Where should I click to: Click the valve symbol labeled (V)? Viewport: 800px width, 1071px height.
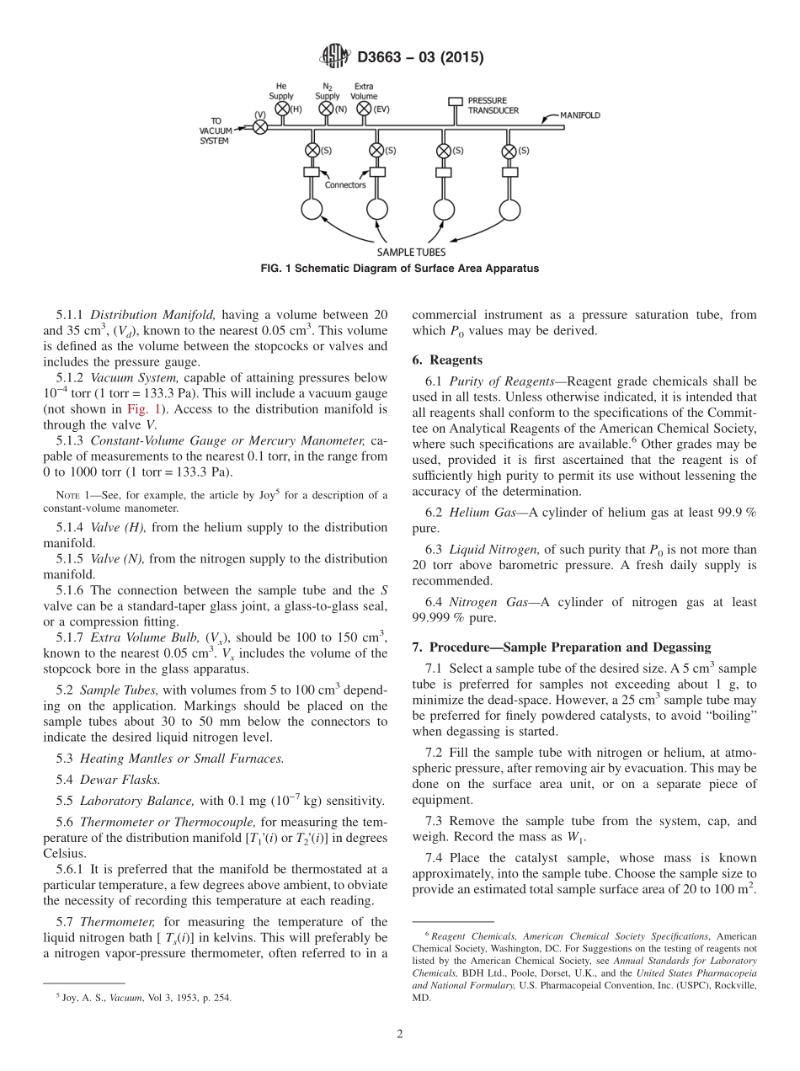(x=260, y=127)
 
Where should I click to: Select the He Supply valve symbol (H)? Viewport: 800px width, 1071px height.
(x=282, y=109)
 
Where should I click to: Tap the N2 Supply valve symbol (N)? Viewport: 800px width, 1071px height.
(x=327, y=109)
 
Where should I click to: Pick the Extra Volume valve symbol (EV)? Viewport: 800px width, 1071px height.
(x=364, y=109)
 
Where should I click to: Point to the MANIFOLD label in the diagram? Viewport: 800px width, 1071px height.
(x=580, y=115)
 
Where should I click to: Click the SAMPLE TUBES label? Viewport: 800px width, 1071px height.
(x=411, y=252)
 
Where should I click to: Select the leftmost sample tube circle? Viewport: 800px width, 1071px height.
(x=312, y=210)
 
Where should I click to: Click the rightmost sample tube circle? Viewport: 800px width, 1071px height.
(x=509, y=210)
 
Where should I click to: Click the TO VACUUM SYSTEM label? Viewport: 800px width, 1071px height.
(x=215, y=131)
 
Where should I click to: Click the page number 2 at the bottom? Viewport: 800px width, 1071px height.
(x=399, y=1033)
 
